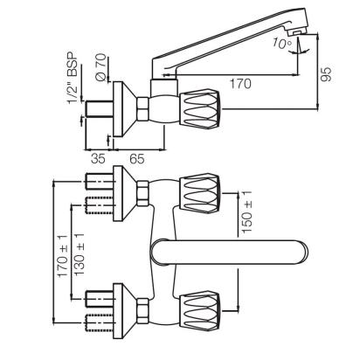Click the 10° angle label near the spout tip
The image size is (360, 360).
click(281, 43)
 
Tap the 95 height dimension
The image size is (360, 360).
click(326, 74)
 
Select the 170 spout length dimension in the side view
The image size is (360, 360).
click(240, 84)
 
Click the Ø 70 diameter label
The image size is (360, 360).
click(100, 67)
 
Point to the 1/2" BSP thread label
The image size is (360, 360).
click(73, 78)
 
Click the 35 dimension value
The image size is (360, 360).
click(98, 159)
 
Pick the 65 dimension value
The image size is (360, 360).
click(137, 159)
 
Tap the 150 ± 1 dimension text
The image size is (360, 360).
click(246, 211)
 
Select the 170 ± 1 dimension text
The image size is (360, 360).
click(63, 256)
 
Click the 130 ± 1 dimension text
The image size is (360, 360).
click(80, 254)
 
